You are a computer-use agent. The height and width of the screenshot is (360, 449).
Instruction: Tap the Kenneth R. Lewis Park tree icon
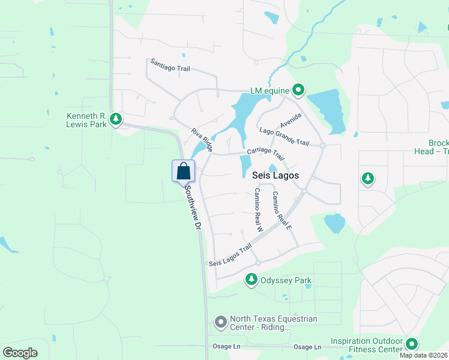pyautogui.click(x=116, y=119)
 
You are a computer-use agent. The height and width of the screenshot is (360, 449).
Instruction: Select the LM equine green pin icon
pyautogui.click(x=298, y=91)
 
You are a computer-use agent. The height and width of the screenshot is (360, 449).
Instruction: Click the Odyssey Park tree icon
pyautogui.click(x=252, y=280)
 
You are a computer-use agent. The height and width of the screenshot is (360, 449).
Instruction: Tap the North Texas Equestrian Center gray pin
pyautogui.click(x=221, y=323)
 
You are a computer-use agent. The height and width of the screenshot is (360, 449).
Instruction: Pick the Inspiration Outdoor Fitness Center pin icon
pyautogui.click(x=411, y=344)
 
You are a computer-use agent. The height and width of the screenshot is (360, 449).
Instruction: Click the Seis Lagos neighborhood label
pyautogui.click(x=272, y=175)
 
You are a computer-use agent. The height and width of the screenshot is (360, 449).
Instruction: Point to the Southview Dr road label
pyautogui.click(x=192, y=207)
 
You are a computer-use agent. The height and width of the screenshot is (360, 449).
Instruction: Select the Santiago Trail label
pyautogui.click(x=170, y=65)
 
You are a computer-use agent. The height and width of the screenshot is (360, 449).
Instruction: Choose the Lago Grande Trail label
pyautogui.click(x=284, y=137)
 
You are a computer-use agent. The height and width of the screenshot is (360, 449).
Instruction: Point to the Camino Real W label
pyautogui.click(x=259, y=209)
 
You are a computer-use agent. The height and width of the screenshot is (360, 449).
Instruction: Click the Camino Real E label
pyautogui.click(x=281, y=211)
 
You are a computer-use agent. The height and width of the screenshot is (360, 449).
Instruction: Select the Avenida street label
pyautogui.click(x=290, y=119)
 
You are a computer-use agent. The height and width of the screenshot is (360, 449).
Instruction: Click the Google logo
pyautogui.click(x=20, y=353)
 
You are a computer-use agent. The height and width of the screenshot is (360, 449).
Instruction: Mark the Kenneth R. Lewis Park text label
pyautogui.click(x=86, y=119)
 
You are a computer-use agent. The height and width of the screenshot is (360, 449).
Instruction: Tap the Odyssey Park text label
pyautogui.click(x=286, y=280)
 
